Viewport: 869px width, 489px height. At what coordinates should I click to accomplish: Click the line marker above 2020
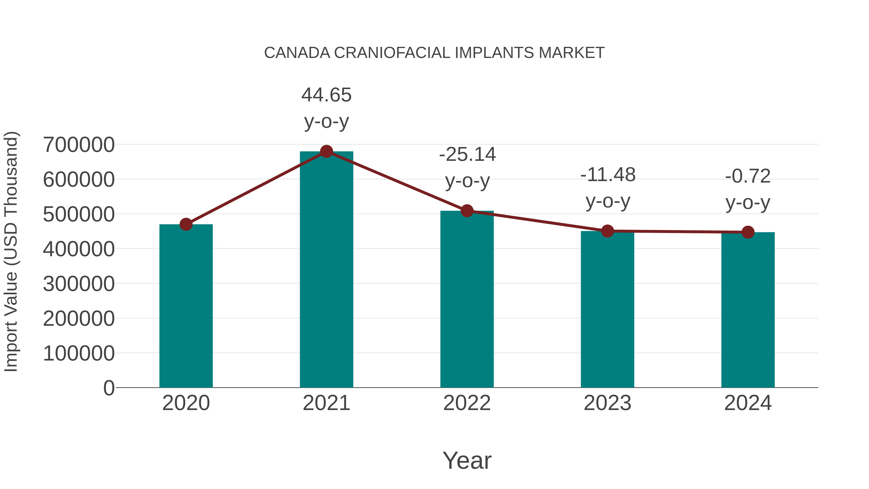coord(186,224)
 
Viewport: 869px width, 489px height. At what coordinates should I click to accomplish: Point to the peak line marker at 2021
coord(326,151)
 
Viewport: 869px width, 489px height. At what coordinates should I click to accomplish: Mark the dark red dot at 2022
coord(467,211)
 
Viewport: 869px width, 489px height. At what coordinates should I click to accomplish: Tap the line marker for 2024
coord(748,232)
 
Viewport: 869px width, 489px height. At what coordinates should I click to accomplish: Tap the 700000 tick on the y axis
coord(79,145)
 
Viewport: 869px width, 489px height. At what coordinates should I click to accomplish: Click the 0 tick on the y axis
coord(109,388)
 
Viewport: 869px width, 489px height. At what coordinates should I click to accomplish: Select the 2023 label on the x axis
coord(607,403)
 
